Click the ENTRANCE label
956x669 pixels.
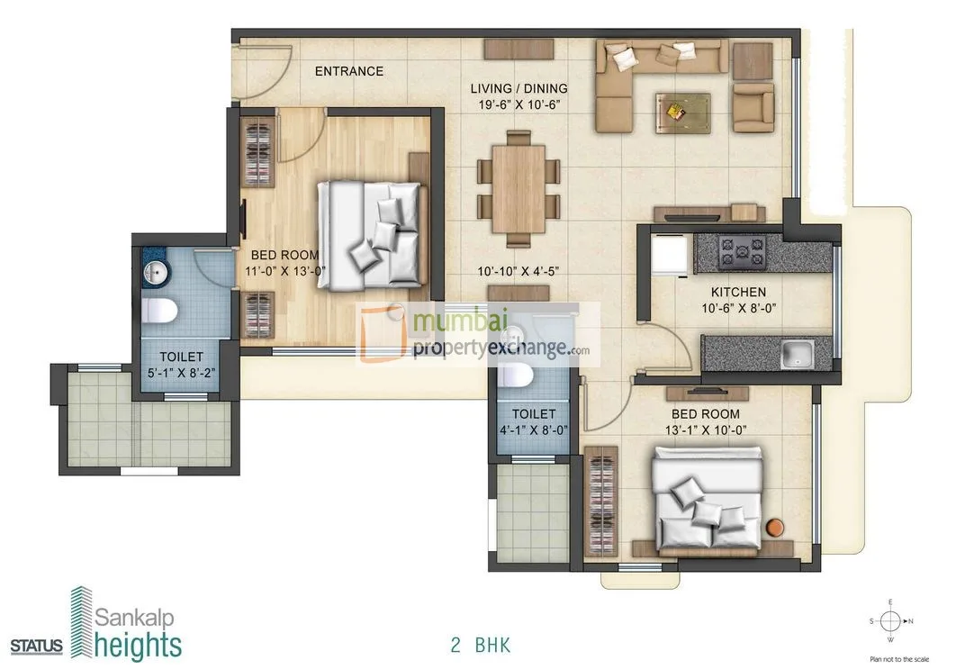click(x=348, y=71)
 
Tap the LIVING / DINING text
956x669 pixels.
click(x=519, y=88)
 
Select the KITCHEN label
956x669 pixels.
click(x=738, y=292)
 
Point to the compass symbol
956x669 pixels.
click(x=888, y=620)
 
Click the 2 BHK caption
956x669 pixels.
click(x=481, y=645)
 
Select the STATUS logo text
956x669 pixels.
click(x=38, y=645)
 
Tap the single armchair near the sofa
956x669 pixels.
click(x=752, y=104)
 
